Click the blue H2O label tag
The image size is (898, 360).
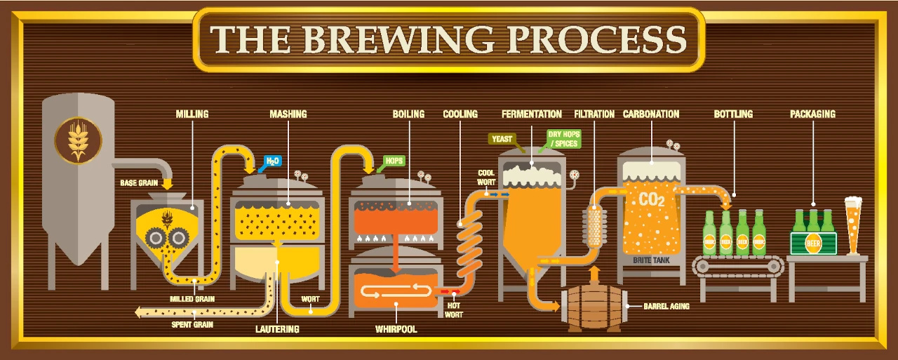(273, 161)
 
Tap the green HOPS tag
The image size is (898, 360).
(394, 161)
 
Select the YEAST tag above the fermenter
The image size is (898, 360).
(502, 139)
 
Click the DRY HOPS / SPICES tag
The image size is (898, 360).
(563, 139)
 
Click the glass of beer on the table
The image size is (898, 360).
(853, 225)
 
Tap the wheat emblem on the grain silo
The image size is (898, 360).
(78, 140)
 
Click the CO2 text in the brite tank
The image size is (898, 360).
(652, 199)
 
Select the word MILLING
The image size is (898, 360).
(192, 114)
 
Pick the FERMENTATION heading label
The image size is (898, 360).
(532, 114)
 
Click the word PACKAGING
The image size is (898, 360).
(812, 114)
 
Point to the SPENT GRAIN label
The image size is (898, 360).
(192, 324)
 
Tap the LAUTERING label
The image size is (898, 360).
(277, 329)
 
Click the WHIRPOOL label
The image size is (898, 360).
(396, 329)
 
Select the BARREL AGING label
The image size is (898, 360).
(666, 306)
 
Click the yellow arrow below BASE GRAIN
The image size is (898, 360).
(167, 184)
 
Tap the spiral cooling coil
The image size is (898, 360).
(470, 243)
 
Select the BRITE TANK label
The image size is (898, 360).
(652, 260)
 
